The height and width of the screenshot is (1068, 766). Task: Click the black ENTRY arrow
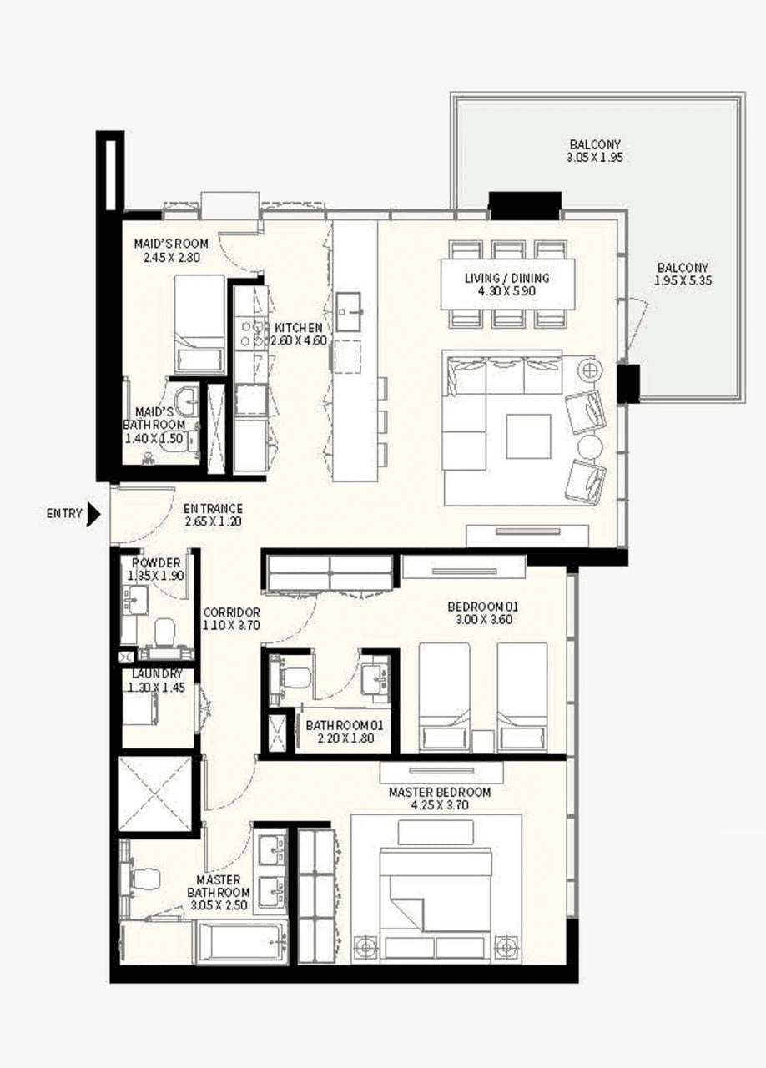point(93,515)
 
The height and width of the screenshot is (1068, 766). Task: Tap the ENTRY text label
point(64,513)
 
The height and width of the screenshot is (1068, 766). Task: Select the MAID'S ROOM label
point(171,244)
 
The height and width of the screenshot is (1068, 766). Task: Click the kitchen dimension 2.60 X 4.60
point(299,341)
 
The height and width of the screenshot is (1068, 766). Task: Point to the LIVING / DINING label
point(507,278)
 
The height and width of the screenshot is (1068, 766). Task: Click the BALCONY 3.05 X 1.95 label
point(595,151)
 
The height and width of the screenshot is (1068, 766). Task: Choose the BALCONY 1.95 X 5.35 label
point(683,275)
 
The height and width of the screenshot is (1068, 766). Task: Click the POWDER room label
point(156,563)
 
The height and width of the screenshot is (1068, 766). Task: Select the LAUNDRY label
point(157,674)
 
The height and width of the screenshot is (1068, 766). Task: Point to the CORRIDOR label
point(232,612)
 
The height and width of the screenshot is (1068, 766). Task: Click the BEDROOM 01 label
point(482,607)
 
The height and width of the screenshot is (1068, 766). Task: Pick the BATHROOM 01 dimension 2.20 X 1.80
point(345,738)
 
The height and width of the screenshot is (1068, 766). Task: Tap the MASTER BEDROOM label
point(440,793)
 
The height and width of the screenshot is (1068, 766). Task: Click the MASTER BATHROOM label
point(219,886)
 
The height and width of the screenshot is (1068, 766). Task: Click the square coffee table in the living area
point(528,436)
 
